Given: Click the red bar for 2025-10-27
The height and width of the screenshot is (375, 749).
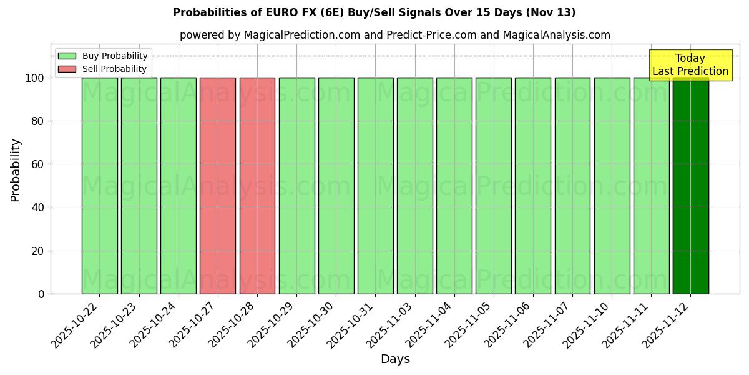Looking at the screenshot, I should (218, 186).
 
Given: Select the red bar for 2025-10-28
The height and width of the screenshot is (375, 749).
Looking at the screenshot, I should (257, 186).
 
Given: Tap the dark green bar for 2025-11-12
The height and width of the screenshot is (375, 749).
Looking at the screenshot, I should (690, 186).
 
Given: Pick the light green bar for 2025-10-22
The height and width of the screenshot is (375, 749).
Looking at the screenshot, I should (99, 186).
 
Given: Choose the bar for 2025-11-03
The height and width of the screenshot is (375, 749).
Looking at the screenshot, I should (414, 186).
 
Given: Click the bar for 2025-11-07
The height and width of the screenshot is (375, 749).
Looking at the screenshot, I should (572, 186).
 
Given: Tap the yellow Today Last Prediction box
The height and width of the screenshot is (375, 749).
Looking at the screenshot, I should (690, 65).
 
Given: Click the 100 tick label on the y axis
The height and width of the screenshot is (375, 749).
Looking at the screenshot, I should (34, 78).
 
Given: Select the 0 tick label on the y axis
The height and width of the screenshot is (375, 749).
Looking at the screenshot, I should (41, 294).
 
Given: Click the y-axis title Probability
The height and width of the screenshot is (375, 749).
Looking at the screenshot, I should (16, 170).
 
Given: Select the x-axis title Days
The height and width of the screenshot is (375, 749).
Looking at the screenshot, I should (395, 359).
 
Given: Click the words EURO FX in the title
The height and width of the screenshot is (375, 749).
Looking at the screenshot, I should (294, 12).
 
